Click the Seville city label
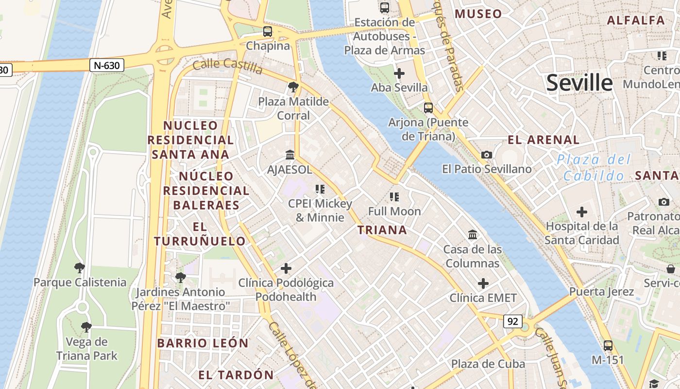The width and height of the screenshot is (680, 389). point(579,83)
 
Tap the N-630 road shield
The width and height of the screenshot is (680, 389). point(107,65)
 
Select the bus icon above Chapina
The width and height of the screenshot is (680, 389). point(268,32)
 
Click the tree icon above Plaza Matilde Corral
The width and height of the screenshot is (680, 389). point(293,87)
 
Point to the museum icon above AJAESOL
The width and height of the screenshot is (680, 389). point(290,155)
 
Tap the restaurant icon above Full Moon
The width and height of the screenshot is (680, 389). point(394,197)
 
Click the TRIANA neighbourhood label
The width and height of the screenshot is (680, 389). point(382,230)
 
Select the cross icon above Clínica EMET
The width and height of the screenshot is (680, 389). point(483,283)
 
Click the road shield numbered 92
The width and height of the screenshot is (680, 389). point(513,321)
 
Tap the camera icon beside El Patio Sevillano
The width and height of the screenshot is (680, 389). point(486,155)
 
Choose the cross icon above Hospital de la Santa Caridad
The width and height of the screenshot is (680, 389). point(581,212)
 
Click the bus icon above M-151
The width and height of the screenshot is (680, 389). point(608,346)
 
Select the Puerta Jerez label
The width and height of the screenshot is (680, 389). point(601,292)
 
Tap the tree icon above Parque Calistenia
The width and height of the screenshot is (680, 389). point(79,267)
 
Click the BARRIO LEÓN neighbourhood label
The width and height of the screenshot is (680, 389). point(203,343)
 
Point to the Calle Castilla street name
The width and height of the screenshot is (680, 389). point(228,66)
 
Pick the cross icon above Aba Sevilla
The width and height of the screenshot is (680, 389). point(399,73)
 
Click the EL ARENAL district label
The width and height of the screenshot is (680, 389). point(544,140)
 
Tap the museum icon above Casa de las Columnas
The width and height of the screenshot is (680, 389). point(473,235)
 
